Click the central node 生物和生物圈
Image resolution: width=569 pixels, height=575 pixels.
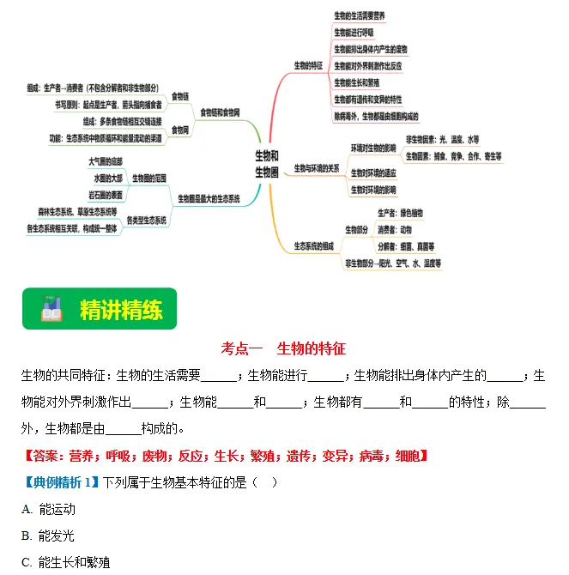267,164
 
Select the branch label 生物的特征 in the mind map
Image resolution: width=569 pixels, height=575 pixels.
308,65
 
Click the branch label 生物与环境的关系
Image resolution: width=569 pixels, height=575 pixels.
316,168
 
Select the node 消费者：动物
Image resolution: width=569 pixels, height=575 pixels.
395,229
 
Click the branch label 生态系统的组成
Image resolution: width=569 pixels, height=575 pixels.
313,246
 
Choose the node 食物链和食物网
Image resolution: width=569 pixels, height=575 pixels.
220,112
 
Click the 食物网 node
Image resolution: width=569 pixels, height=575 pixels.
180,130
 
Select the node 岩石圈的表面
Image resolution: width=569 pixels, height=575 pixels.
105,195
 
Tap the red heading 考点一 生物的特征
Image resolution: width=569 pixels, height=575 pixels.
283,348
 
